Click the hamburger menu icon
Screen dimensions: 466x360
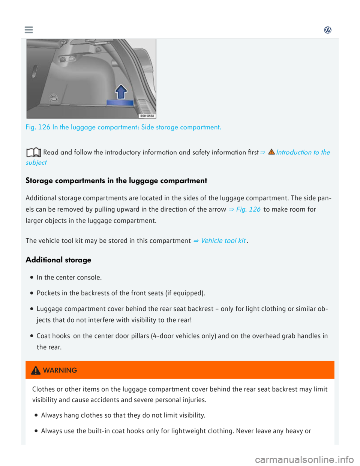click(29, 30)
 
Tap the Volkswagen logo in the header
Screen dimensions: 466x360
click(328, 30)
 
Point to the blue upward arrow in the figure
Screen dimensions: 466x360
click(121, 91)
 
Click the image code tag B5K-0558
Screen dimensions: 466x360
click(147, 116)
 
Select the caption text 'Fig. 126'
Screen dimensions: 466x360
click(37, 127)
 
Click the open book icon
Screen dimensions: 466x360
click(34, 153)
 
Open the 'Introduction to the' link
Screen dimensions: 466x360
click(303, 152)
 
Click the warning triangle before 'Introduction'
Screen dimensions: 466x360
click(271, 152)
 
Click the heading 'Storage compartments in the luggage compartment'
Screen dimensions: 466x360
click(116, 180)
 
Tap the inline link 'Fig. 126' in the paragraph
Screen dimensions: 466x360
click(248, 209)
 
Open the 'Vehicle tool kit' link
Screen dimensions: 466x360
click(223, 241)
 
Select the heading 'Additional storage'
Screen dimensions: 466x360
click(58, 260)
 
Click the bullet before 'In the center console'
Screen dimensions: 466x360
click(32, 278)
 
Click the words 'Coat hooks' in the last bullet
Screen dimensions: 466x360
click(53, 336)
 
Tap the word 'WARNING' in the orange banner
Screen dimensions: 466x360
click(60, 370)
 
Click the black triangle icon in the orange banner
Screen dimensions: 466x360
click(36, 370)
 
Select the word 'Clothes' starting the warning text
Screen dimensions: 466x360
click(43, 389)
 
